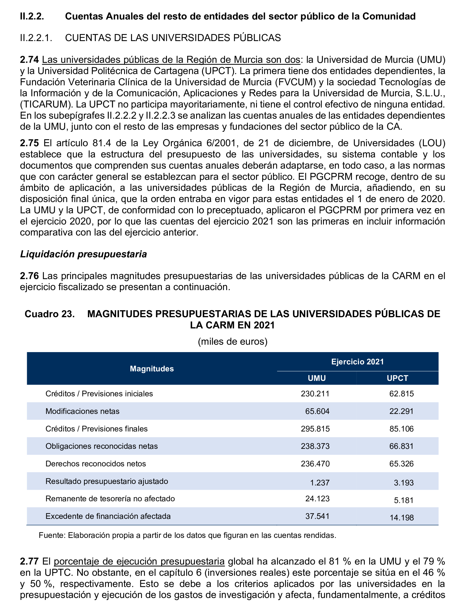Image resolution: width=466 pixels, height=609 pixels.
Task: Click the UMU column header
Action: (x=316, y=378)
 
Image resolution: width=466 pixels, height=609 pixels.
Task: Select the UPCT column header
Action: (x=397, y=378)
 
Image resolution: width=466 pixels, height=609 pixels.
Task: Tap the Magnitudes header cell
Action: (x=152, y=369)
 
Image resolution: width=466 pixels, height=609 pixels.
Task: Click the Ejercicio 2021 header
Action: (x=357, y=362)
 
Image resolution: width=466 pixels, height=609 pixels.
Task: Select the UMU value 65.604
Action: (x=317, y=411)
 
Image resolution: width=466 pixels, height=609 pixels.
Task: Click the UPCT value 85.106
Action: (x=401, y=429)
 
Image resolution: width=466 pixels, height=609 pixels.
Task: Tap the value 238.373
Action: (x=315, y=446)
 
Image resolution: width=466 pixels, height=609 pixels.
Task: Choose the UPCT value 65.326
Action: (x=401, y=464)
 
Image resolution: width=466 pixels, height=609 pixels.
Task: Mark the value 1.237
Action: (x=320, y=483)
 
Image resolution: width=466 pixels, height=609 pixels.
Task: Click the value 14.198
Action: (x=402, y=518)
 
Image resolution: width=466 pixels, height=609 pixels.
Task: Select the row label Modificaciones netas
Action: (x=82, y=411)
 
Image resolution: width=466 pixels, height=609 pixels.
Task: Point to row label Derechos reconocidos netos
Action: (x=96, y=464)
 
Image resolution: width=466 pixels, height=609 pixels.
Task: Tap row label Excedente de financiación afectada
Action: (x=108, y=516)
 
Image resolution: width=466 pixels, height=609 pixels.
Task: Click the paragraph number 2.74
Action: (x=29, y=60)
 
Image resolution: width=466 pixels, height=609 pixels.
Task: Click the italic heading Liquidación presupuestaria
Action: (x=83, y=254)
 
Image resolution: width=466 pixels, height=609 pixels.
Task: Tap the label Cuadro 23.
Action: (x=50, y=314)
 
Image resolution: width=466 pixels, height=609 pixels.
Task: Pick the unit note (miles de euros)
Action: (x=232, y=341)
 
